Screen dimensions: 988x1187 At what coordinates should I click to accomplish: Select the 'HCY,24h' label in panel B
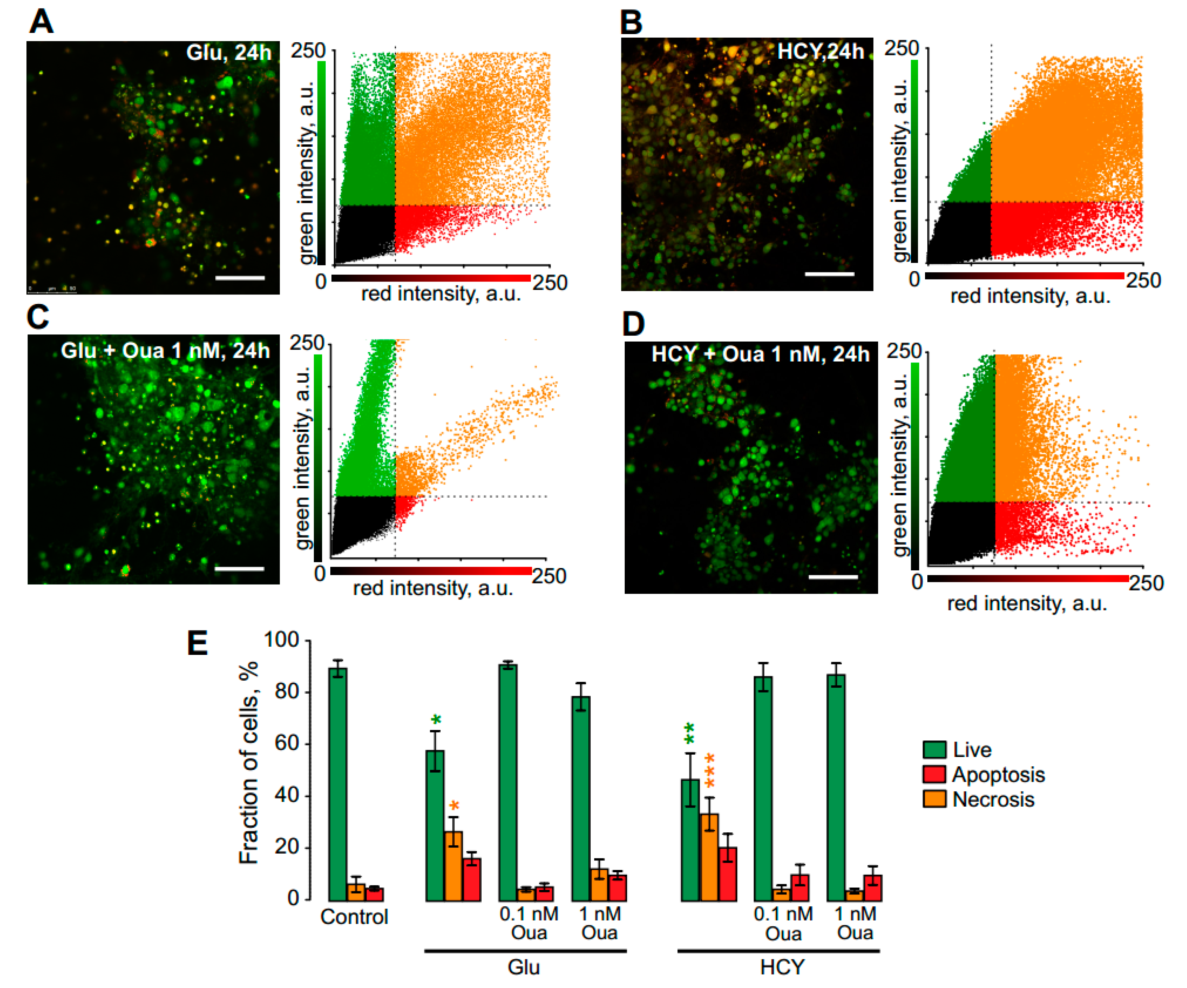tap(820, 52)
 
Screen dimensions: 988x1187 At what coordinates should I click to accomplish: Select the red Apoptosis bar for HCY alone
tap(728, 873)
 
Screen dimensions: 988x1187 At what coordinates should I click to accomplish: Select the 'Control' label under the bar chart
tap(354, 916)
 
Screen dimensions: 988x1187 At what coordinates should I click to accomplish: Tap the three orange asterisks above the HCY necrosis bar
tap(710, 770)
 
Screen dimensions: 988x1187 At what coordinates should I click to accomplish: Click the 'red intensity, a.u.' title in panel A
tap(441, 294)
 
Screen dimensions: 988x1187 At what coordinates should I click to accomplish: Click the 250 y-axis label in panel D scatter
tap(903, 351)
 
